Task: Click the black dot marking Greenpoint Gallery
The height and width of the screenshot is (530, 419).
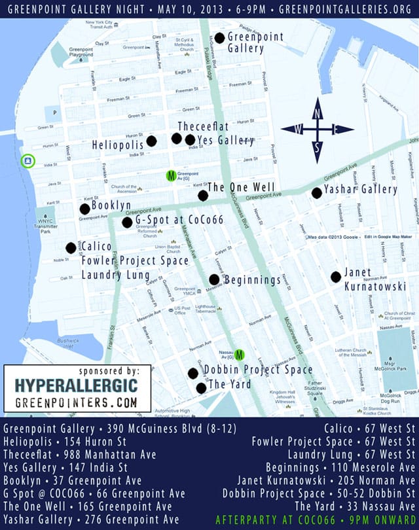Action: click(x=219, y=38)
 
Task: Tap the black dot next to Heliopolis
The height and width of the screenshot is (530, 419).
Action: click(x=151, y=141)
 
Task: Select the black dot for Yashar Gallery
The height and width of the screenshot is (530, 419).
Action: click(x=317, y=192)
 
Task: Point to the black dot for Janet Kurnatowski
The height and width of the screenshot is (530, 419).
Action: click(x=336, y=277)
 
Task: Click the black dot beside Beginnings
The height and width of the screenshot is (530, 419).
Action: click(x=214, y=279)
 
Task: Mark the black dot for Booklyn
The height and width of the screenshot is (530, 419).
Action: click(x=84, y=209)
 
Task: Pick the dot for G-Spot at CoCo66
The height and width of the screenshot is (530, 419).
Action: click(x=127, y=222)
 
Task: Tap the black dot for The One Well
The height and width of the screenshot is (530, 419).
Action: click(x=203, y=195)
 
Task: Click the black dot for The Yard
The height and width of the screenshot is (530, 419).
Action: click(x=201, y=387)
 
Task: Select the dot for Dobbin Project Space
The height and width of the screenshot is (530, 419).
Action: click(x=193, y=374)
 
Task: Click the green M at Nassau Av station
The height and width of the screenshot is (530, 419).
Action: click(x=240, y=355)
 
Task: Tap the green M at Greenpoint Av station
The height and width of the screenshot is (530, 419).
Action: click(x=171, y=175)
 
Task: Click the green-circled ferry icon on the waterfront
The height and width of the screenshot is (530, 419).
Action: click(x=28, y=160)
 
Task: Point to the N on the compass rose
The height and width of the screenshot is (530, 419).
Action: click(x=318, y=113)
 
